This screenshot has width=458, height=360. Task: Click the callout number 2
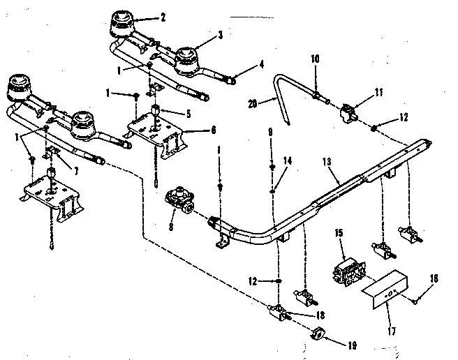pos(163,16)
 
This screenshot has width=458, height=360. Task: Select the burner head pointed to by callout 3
pos(186,57)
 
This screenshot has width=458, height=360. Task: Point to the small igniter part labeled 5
pos(157,112)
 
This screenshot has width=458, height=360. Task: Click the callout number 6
pos(212,130)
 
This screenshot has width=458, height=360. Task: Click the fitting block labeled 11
pos(347,112)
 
